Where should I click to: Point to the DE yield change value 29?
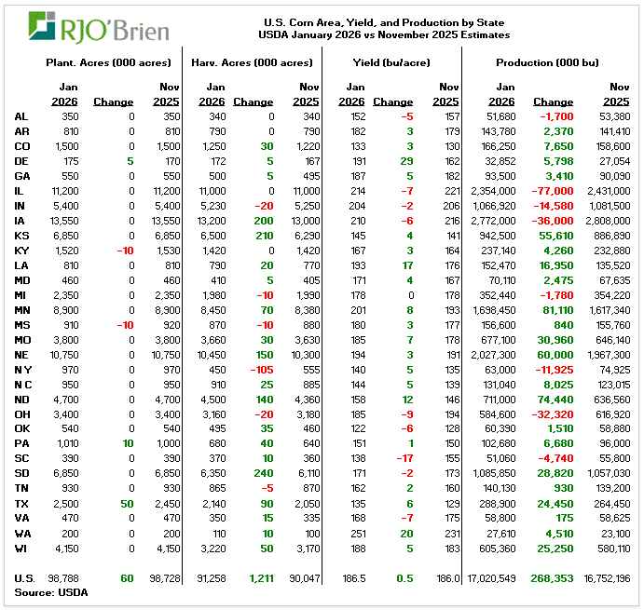tap(406, 160)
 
